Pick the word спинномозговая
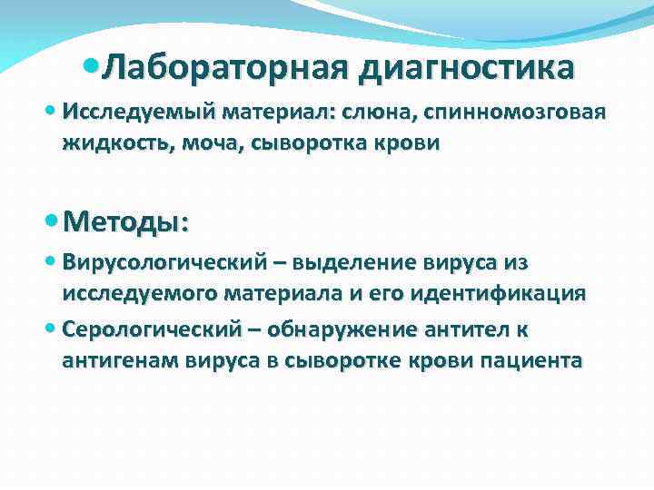513,112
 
